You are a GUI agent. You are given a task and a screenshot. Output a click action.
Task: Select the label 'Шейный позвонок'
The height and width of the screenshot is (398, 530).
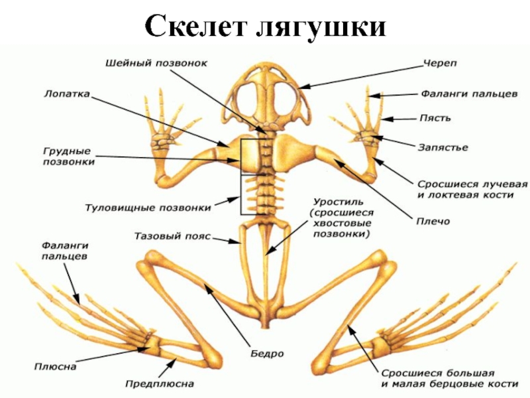157,63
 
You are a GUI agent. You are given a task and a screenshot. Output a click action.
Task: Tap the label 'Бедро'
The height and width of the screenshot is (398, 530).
268,353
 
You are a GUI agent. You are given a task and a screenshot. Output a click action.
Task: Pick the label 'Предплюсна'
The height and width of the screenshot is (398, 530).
160,383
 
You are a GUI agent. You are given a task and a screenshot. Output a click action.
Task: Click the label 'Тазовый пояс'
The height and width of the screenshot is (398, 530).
172,235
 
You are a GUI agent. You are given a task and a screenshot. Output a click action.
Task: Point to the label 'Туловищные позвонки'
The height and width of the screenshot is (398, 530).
148,207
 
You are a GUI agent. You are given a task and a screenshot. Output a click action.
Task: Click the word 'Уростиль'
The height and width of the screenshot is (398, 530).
336,201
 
